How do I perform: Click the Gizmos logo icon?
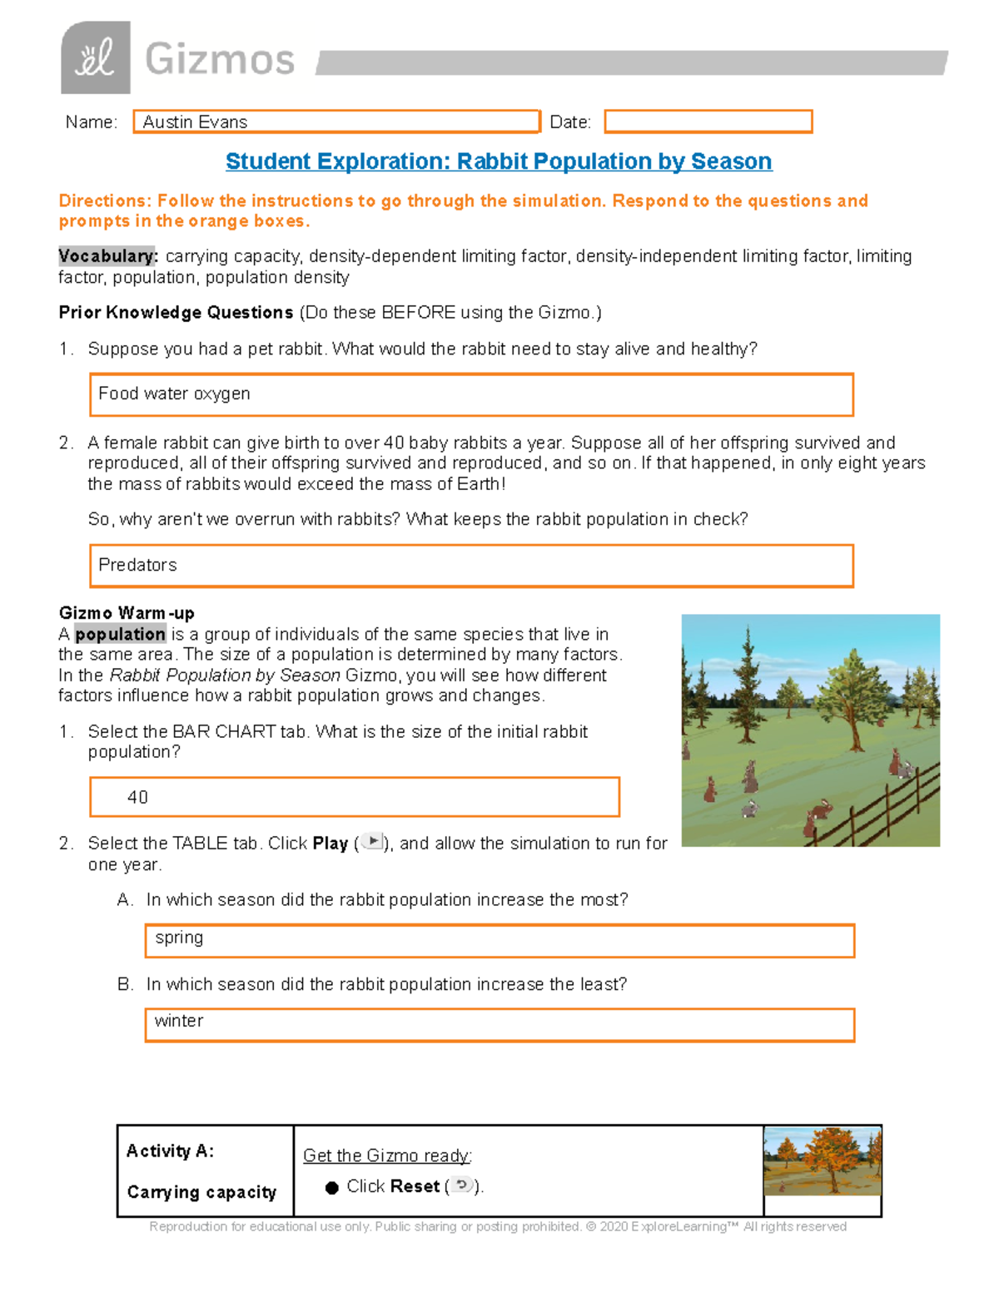pyautogui.click(x=95, y=57)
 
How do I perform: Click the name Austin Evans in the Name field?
pyautogui.click(x=195, y=122)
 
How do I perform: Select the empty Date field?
pyautogui.click(x=708, y=121)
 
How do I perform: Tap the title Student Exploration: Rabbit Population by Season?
pyautogui.click(x=499, y=161)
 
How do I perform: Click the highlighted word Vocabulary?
pyautogui.click(x=107, y=256)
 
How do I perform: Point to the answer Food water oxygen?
pyautogui.click(x=174, y=394)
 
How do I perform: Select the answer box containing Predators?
pyautogui.click(x=470, y=566)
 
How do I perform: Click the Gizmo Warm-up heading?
pyautogui.click(x=127, y=613)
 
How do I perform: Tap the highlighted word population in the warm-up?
pyautogui.click(x=120, y=634)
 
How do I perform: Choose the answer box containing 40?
pyautogui.click(x=354, y=797)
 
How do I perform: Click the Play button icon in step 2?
pyautogui.click(x=372, y=842)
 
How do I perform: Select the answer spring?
pyautogui.click(x=179, y=938)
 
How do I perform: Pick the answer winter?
pyautogui.click(x=179, y=1021)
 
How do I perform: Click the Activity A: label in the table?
pyautogui.click(x=170, y=1151)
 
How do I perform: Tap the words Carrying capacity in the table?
pyautogui.click(x=201, y=1192)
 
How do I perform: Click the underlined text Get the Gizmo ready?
pyautogui.click(x=386, y=1156)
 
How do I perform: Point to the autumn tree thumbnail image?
pyautogui.click(x=822, y=1161)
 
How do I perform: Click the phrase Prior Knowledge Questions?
pyautogui.click(x=176, y=313)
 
